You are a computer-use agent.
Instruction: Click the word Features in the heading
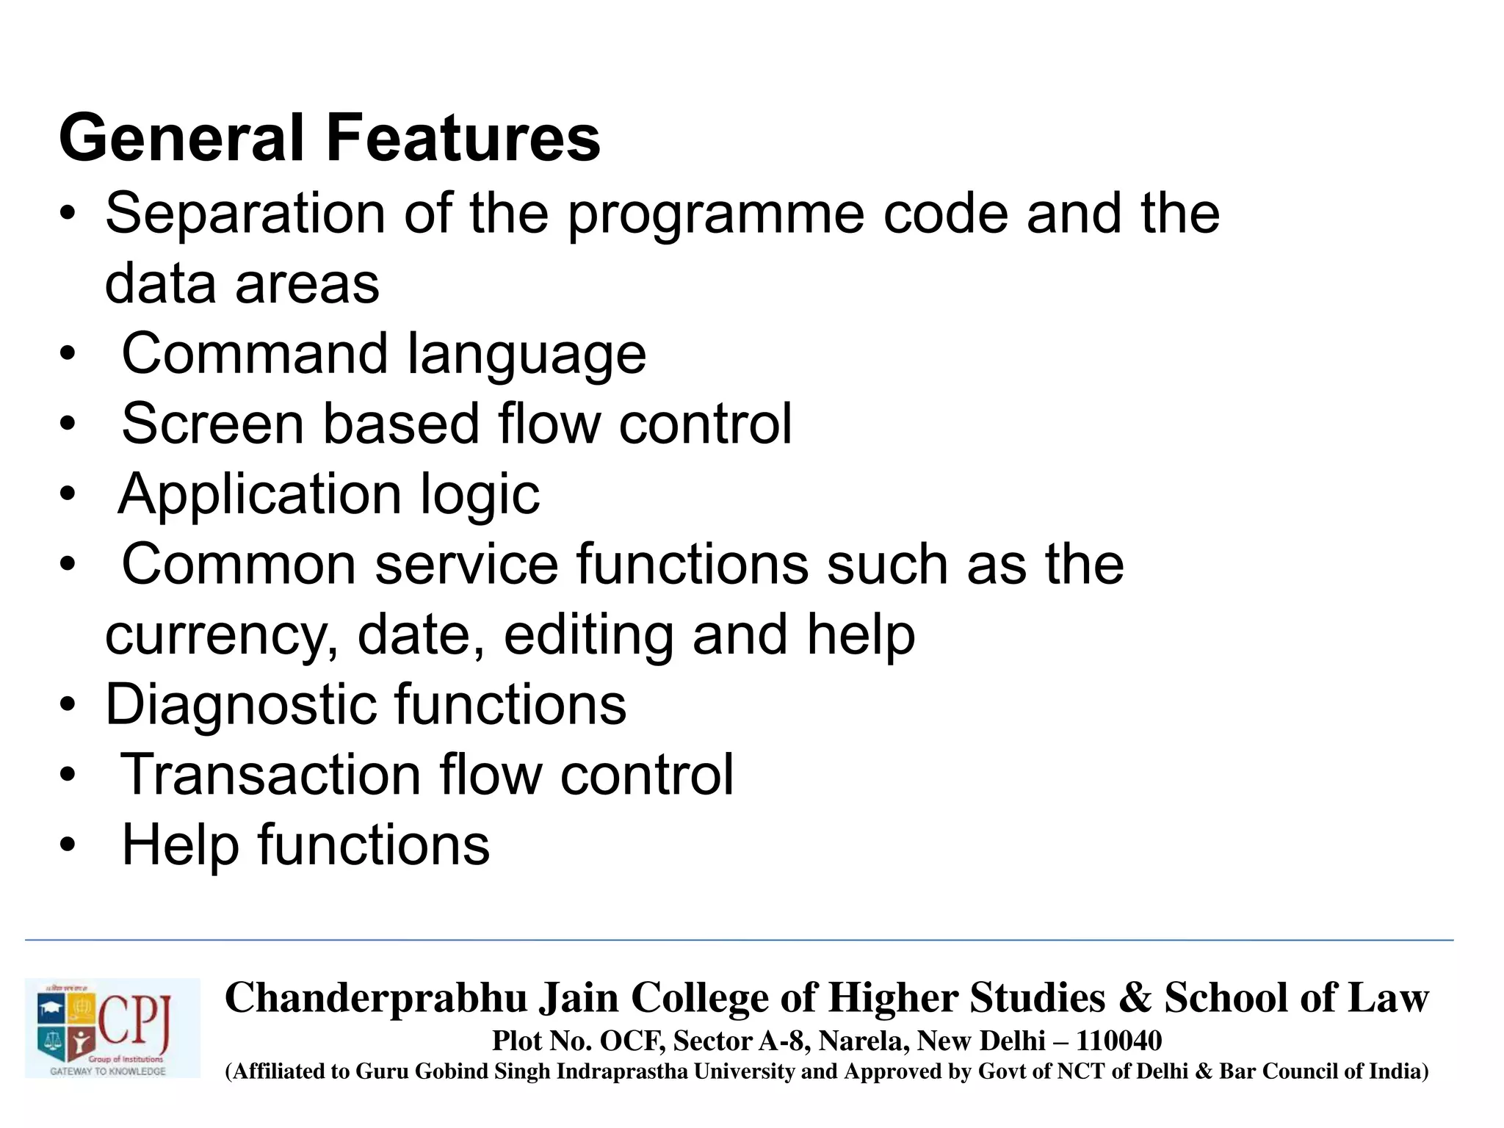[x=463, y=138]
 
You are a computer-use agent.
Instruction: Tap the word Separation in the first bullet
[x=245, y=214]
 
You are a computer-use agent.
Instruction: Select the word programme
[x=715, y=215]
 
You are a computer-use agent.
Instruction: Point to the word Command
[x=254, y=354]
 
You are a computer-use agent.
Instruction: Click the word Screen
[x=212, y=424]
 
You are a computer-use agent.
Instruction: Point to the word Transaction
[x=270, y=775]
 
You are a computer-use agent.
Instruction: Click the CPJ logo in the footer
[x=112, y=1027]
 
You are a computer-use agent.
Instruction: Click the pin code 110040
[x=1119, y=1041]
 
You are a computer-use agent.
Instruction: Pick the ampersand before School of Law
[x=1135, y=998]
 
